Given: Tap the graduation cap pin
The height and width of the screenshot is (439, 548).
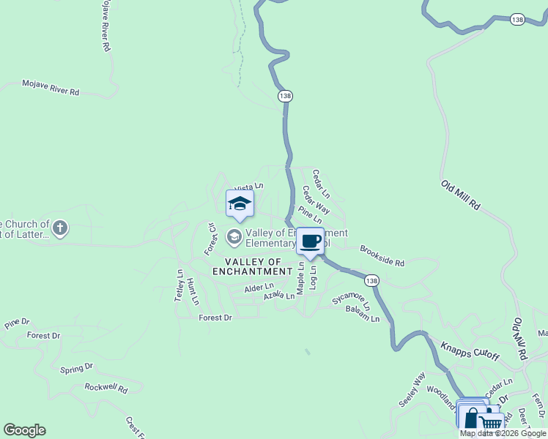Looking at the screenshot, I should tap(240, 204).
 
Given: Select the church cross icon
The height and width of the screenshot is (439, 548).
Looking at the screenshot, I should tap(60, 229).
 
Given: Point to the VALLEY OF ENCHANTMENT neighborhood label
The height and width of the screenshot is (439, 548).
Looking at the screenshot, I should tap(252, 266).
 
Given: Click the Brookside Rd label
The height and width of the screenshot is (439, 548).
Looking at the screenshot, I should tap(382, 255).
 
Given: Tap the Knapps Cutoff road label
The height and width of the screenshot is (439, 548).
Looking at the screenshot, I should tap(470, 350).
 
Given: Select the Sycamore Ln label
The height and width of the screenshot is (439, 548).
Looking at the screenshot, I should tap(351, 299).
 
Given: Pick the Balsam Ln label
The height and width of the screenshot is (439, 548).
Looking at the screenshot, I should tap(363, 314).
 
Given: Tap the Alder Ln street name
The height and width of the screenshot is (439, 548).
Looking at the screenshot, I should tap(259, 288).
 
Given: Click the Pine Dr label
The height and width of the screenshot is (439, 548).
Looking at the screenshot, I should tap(17, 322).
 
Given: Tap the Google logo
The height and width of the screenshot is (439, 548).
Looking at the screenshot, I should tap(24, 430).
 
